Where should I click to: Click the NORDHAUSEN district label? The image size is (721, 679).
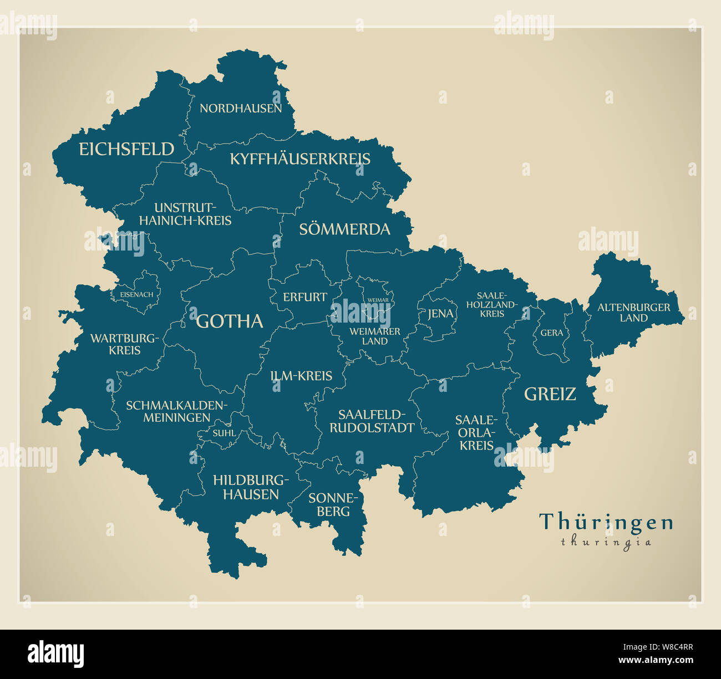(x=241, y=109)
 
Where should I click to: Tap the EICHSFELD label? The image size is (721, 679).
(x=126, y=149)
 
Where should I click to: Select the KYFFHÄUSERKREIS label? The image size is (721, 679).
(x=300, y=159)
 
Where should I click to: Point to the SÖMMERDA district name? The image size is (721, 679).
(x=344, y=229)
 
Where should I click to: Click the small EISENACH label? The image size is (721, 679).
(x=136, y=294)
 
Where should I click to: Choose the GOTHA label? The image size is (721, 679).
(x=230, y=321)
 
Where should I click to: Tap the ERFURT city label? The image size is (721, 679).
(x=305, y=297)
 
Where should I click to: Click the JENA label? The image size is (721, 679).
(x=440, y=314)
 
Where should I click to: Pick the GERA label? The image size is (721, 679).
(x=551, y=333)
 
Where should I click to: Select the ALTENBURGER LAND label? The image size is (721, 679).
(x=633, y=313)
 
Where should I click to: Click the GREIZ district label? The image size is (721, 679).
(x=550, y=394)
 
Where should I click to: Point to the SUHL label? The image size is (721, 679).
(x=224, y=433)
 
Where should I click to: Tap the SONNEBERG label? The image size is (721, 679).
(x=334, y=505)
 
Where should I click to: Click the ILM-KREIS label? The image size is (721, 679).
(x=301, y=376)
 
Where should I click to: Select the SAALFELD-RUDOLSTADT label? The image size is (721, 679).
(x=372, y=421)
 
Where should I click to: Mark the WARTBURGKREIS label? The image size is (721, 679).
(x=124, y=344)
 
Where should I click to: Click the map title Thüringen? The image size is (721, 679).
(x=606, y=522)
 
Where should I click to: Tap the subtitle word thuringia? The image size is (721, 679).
(x=606, y=542)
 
